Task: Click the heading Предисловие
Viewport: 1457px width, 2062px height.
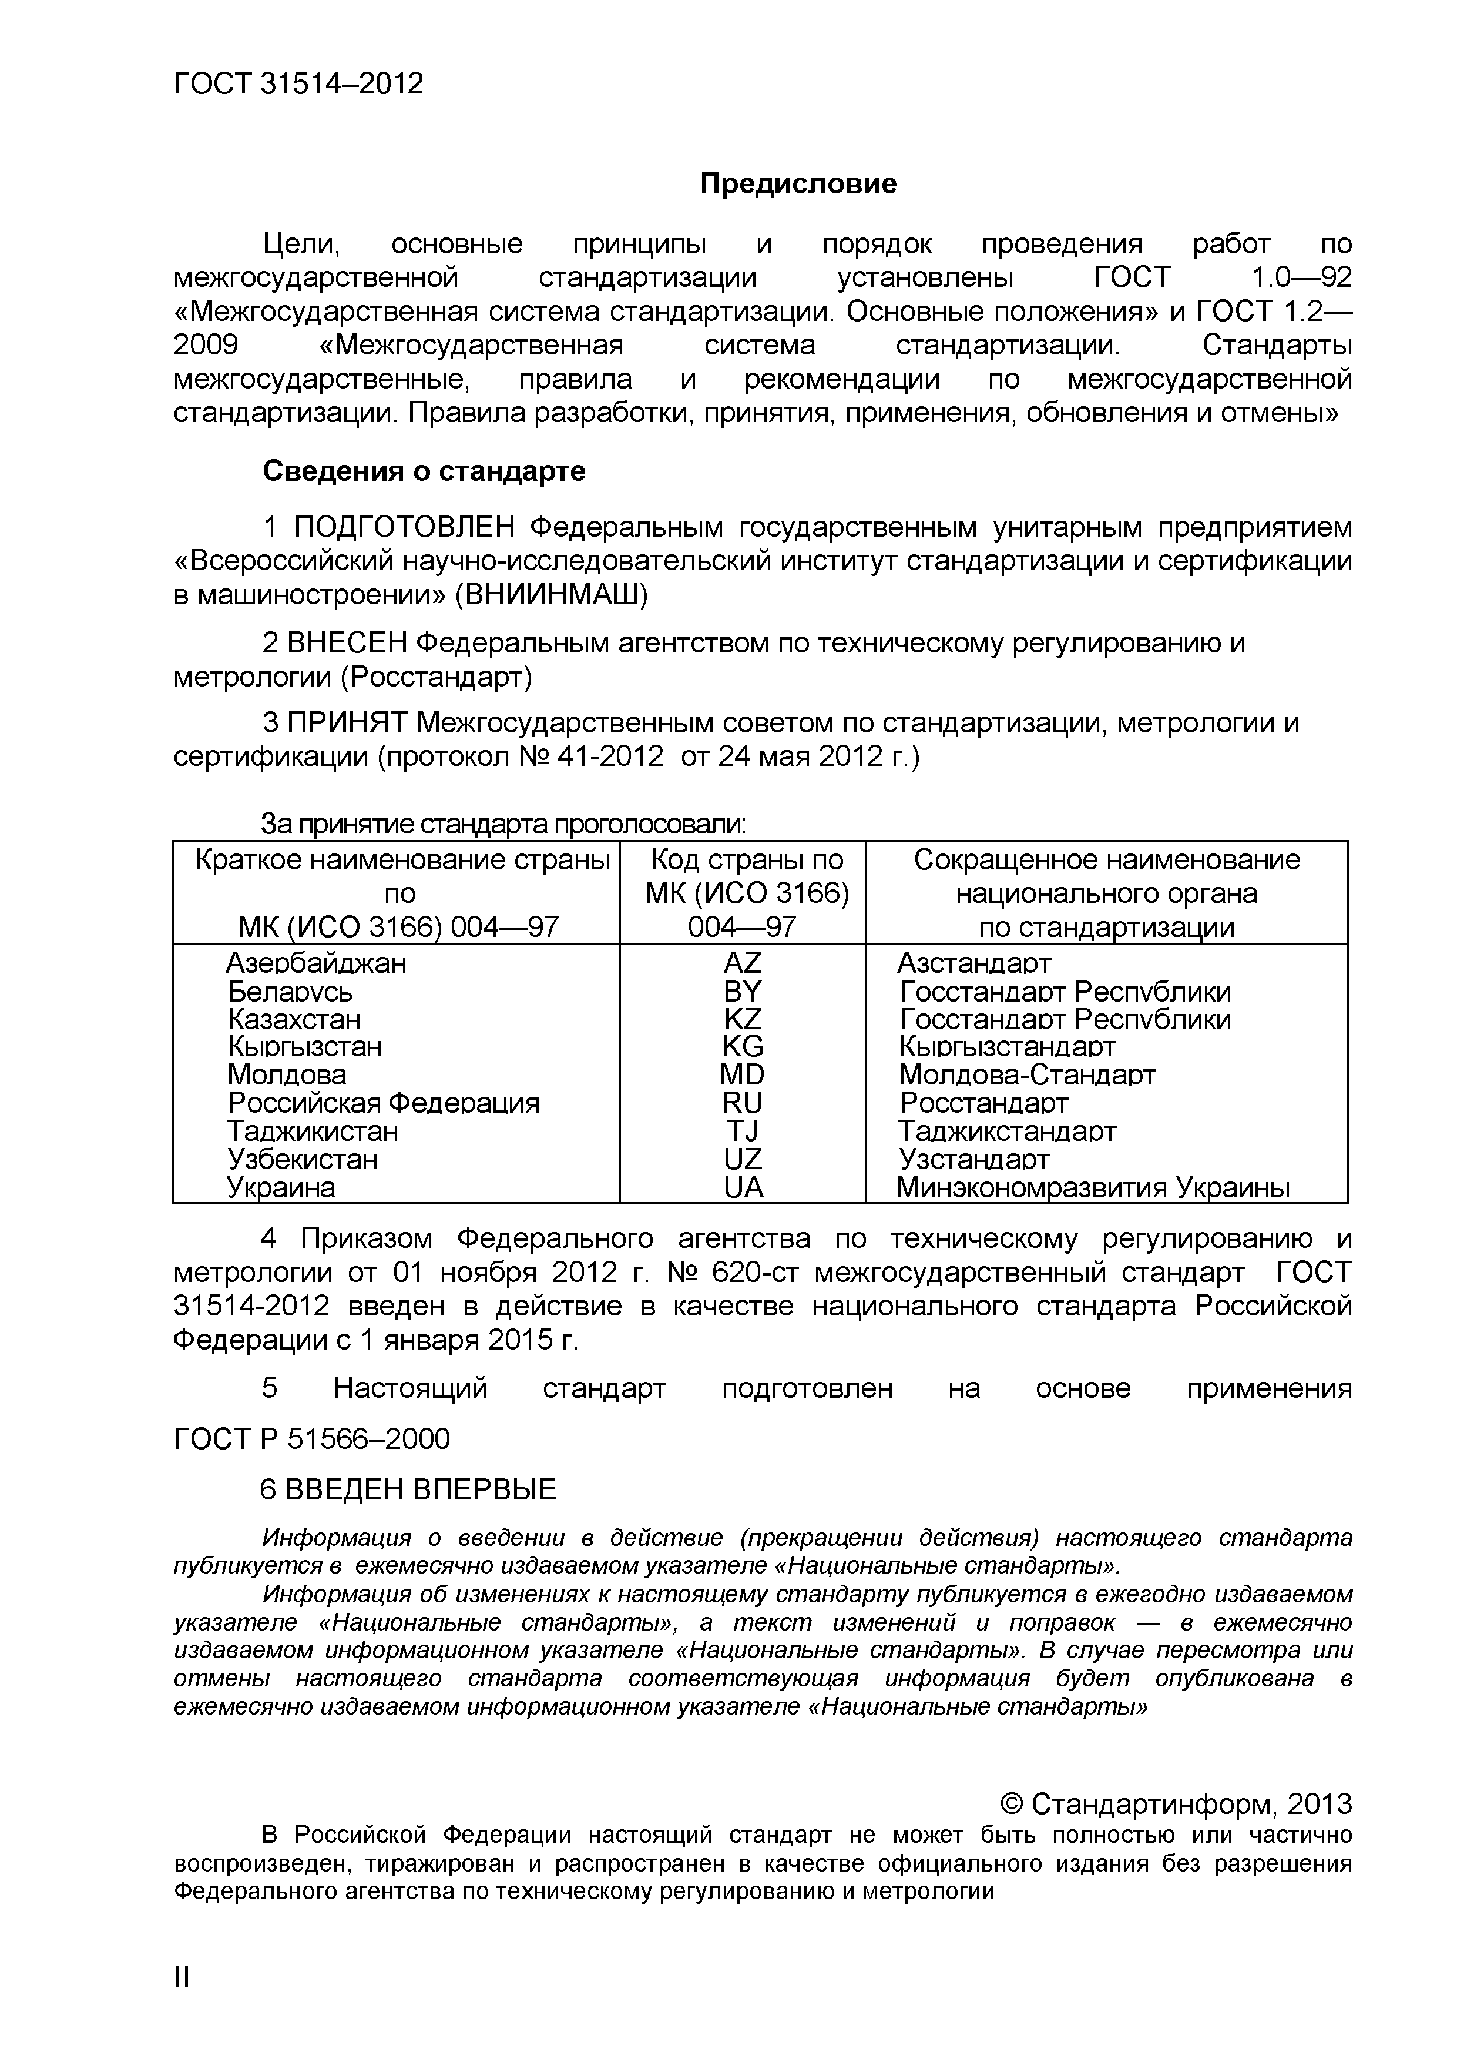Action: click(798, 184)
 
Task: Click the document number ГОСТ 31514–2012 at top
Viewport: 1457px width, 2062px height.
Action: click(297, 83)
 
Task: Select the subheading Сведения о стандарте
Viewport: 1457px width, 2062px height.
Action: click(424, 471)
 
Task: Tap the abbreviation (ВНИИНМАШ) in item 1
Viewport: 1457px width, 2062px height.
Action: click(551, 594)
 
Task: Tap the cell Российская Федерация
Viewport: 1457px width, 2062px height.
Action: click(383, 1103)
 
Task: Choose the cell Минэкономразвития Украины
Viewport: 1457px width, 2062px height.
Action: click(1093, 1188)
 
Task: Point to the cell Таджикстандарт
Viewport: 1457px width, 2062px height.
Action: click(1007, 1132)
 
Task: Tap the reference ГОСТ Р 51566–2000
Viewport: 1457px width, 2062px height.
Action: click(311, 1439)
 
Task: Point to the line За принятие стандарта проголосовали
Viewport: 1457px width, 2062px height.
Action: click(503, 824)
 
